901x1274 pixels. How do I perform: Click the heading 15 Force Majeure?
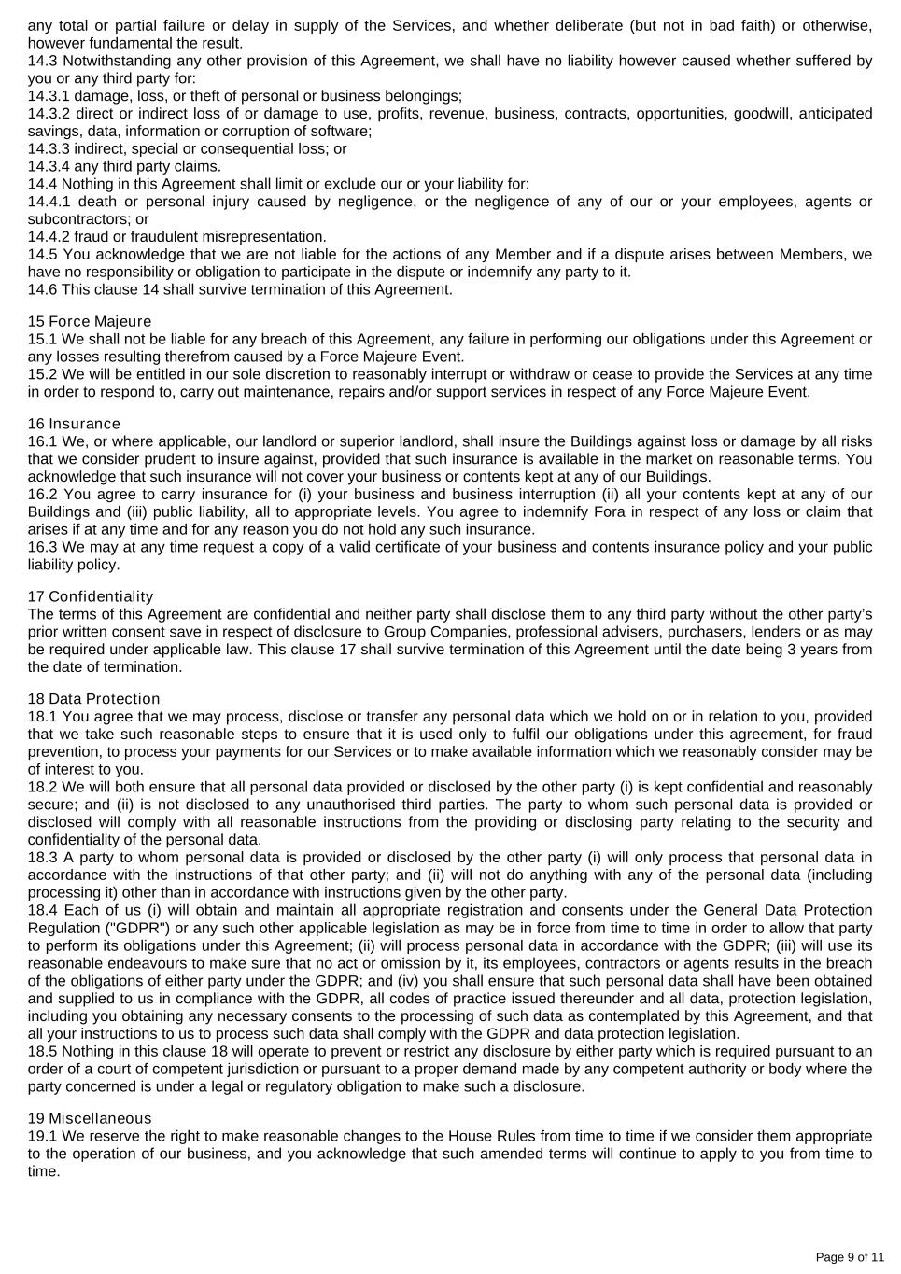click(x=89, y=322)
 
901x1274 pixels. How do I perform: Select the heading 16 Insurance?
click(x=74, y=425)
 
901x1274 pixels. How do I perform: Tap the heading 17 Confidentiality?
click(x=91, y=596)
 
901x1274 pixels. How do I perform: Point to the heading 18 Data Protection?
click(x=93, y=699)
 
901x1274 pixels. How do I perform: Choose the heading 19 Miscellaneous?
click(x=89, y=1119)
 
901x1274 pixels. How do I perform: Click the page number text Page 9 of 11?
click(x=850, y=1257)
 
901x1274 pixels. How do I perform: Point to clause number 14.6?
click(x=43, y=290)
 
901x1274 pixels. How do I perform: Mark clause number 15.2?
click(x=43, y=374)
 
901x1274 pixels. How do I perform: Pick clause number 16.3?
click(x=43, y=548)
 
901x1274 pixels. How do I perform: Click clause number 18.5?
click(x=43, y=1052)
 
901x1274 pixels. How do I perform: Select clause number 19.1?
click(x=43, y=1137)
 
